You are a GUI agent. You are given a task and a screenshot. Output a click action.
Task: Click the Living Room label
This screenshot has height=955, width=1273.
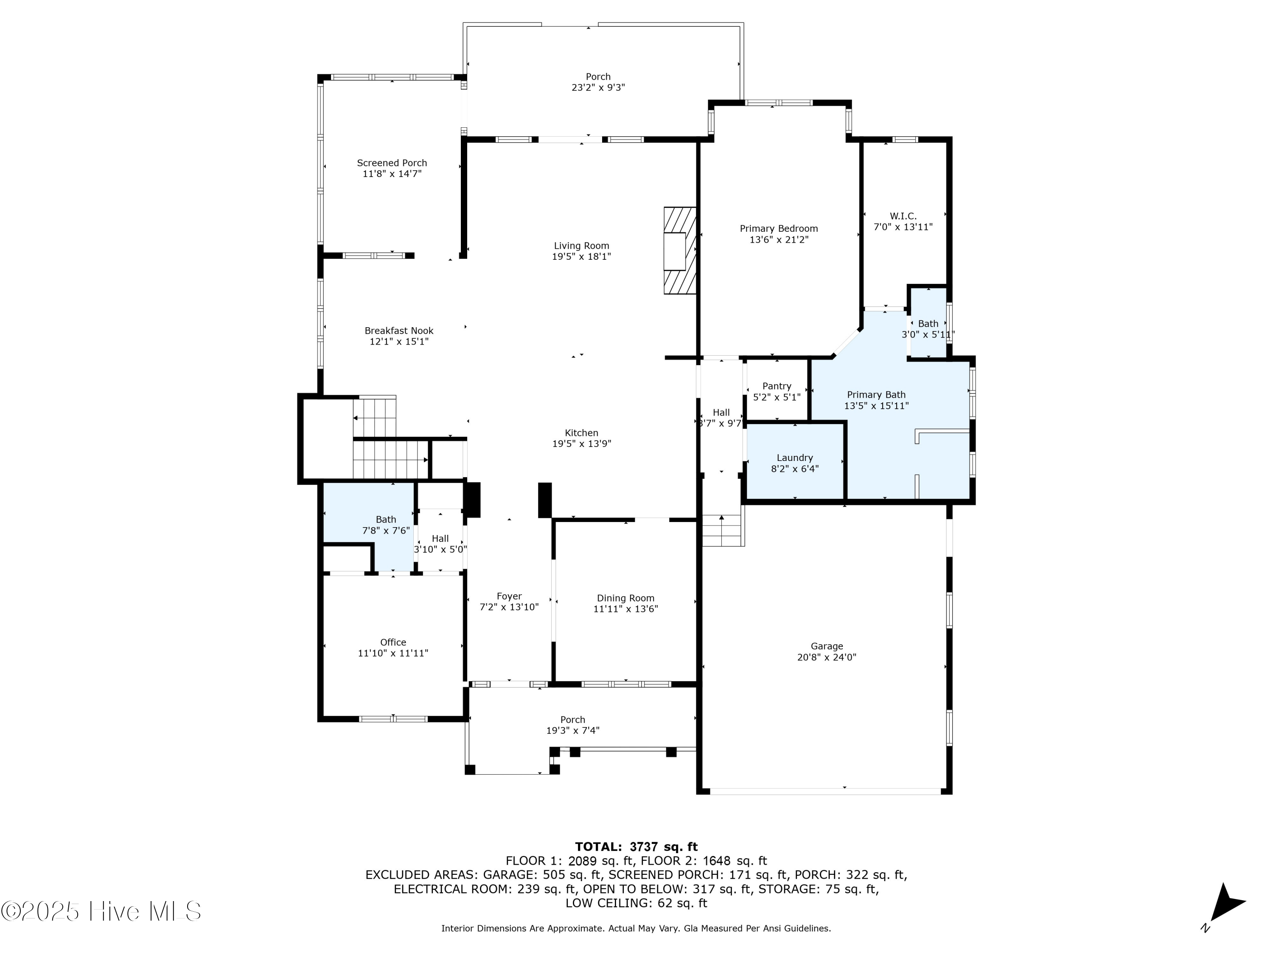581,246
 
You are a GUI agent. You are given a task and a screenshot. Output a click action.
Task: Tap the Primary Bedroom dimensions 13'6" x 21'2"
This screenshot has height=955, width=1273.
779,239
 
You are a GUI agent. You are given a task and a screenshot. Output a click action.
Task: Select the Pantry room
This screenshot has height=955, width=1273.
777,391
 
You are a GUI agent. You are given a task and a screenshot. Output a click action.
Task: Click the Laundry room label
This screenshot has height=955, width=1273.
794,458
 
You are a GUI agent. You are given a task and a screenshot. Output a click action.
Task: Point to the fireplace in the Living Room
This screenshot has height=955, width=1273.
679,250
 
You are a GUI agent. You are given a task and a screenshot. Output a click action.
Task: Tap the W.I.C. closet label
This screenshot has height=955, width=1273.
903,216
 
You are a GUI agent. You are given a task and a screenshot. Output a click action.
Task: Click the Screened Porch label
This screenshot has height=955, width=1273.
392,163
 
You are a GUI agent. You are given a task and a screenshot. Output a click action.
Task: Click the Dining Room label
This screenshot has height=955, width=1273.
625,598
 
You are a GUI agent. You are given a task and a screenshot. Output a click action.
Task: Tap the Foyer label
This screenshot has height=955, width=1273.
509,596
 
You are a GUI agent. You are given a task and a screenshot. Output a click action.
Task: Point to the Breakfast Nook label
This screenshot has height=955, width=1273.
399,330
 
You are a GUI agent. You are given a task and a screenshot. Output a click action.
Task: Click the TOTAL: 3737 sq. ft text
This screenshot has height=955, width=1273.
636,847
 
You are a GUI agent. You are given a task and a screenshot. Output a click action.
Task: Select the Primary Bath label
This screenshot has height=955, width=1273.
876,394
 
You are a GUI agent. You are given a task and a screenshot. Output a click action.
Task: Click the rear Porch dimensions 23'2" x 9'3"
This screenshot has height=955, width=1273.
598,87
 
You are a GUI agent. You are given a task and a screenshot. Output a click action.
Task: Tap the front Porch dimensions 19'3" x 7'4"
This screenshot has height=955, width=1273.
572,730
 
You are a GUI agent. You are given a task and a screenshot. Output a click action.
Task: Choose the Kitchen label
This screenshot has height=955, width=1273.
581,433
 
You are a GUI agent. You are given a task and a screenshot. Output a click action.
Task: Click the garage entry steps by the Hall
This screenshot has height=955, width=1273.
723,530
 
